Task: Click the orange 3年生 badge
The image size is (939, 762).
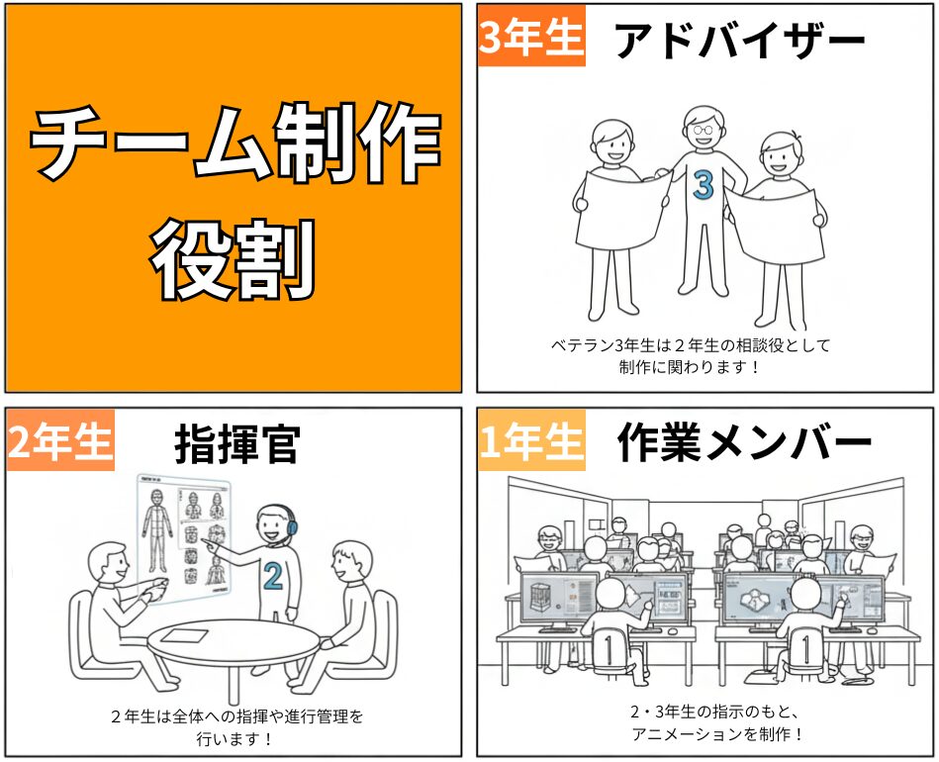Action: (x=531, y=36)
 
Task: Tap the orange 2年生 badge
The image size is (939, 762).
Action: (x=60, y=440)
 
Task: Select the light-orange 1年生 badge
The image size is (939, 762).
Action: (x=531, y=440)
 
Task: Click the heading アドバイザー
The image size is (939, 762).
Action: (x=741, y=41)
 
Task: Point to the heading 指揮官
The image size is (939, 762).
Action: (x=237, y=444)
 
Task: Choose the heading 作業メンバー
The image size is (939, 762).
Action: (x=744, y=442)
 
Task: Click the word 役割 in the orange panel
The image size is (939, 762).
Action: (x=233, y=259)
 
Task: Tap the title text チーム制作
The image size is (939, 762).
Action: (x=235, y=143)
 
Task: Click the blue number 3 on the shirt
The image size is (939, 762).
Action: (x=704, y=184)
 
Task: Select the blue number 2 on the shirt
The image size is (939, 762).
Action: (x=273, y=576)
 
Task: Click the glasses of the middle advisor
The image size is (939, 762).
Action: (x=704, y=130)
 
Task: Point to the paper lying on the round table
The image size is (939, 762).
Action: (x=186, y=635)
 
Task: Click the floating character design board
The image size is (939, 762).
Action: (x=183, y=538)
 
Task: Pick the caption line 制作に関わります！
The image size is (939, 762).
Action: (x=689, y=366)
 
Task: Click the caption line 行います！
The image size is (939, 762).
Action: (x=235, y=738)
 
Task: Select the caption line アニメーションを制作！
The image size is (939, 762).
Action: (x=717, y=734)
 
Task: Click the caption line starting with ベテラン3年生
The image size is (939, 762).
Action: (x=691, y=345)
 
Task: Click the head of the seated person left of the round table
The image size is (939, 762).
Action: (x=108, y=561)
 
